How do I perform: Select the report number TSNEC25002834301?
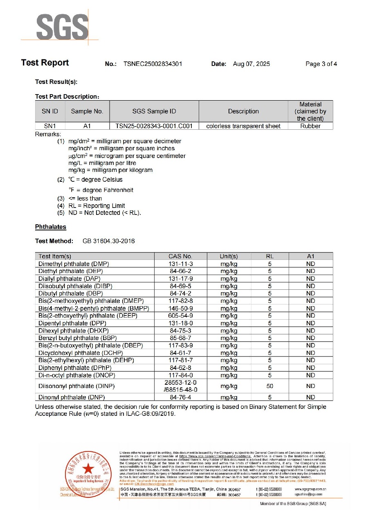click(x=153, y=64)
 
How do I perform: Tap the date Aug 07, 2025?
click(x=251, y=64)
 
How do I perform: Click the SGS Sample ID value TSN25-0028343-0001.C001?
click(x=154, y=126)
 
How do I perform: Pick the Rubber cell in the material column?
click(x=310, y=126)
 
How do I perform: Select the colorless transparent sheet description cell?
click(x=243, y=126)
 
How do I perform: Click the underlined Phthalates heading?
click(x=50, y=227)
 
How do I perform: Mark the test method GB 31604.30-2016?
click(x=108, y=241)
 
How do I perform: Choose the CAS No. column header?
click(x=180, y=256)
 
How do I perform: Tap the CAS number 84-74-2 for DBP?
click(x=180, y=293)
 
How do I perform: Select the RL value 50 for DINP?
click(x=270, y=386)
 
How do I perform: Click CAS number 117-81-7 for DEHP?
click(x=180, y=360)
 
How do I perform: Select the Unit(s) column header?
click(x=229, y=256)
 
